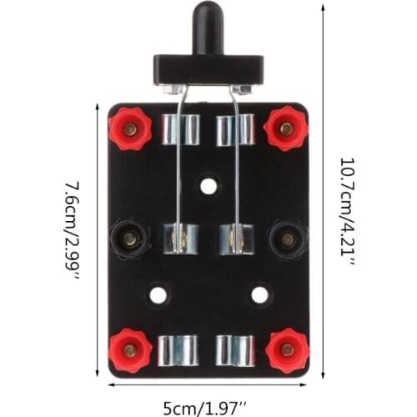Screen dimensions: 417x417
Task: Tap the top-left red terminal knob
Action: click(x=130, y=128)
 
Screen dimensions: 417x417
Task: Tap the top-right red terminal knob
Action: click(x=286, y=128)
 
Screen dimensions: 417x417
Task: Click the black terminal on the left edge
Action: click(x=128, y=239)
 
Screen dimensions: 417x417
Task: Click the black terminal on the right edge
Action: click(x=288, y=239)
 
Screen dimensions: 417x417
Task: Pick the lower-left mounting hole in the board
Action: click(x=158, y=294)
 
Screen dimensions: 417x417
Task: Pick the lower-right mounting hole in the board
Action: click(x=259, y=294)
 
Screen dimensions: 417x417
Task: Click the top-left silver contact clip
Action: click(x=181, y=129)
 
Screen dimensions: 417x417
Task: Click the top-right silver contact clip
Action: click(x=235, y=129)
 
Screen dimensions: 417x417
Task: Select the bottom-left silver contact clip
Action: click(x=180, y=349)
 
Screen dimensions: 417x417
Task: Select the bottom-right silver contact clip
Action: click(x=235, y=349)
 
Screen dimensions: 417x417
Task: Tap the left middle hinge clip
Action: click(x=181, y=239)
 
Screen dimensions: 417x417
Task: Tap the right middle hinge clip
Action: click(x=235, y=239)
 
